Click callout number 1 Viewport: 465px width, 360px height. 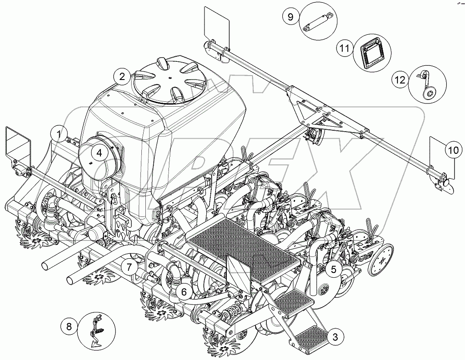coord(58,133)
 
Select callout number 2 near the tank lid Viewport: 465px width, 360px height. coord(121,76)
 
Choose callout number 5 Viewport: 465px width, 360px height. coord(333,269)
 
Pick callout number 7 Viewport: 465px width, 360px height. coord(129,267)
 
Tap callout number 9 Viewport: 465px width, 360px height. coord(290,17)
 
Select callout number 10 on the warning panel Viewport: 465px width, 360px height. coord(452,151)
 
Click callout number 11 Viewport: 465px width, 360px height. coord(344,48)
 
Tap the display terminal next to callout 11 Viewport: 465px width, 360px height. coord(370,52)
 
